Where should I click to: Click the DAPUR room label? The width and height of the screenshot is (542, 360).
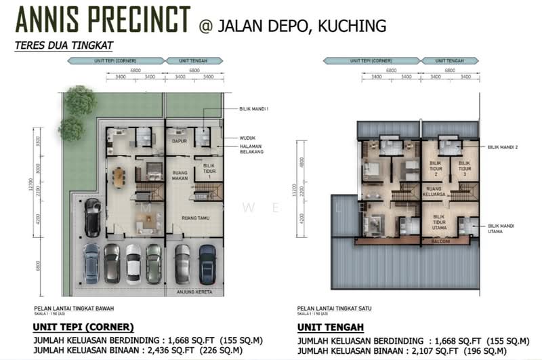click(179, 141)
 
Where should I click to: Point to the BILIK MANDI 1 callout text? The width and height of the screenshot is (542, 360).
click(255, 108)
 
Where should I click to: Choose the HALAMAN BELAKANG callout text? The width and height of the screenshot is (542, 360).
click(251, 148)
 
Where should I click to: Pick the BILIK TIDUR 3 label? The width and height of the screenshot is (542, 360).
click(464, 169)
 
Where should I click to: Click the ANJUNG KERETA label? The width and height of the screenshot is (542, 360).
click(195, 292)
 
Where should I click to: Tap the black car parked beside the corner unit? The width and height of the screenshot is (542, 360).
click(91, 216)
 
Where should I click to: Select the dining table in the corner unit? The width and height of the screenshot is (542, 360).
click(119, 177)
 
